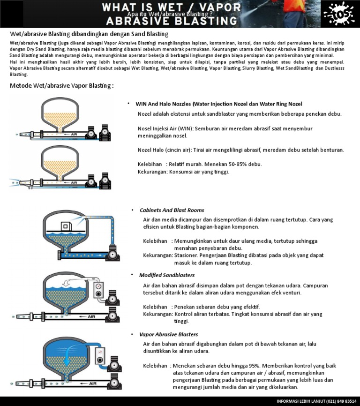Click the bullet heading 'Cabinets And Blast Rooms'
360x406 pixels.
pos(172,210)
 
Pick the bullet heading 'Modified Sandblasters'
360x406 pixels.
pos(167,275)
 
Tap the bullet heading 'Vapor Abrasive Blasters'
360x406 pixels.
pos(168,334)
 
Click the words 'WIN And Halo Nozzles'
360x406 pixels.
pos(163,104)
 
